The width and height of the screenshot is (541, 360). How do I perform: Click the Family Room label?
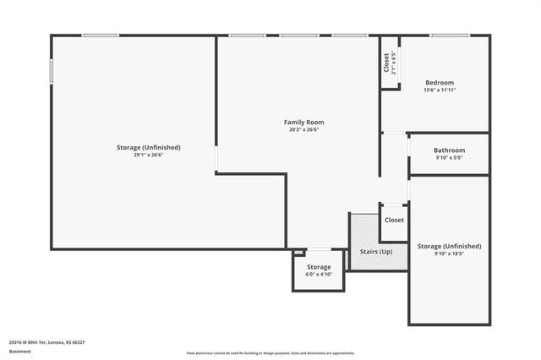click(x=303, y=123)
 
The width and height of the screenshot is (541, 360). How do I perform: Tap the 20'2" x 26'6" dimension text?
click(x=303, y=130)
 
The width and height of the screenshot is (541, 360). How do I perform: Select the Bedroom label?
click(x=440, y=82)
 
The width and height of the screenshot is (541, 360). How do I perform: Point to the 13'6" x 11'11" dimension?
click(x=440, y=90)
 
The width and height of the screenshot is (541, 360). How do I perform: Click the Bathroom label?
click(x=450, y=150)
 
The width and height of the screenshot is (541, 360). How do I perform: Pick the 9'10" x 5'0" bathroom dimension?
click(x=450, y=157)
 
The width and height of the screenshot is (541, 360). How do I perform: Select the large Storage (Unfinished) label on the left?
click(x=149, y=147)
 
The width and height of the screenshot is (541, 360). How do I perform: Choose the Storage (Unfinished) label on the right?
click(x=450, y=246)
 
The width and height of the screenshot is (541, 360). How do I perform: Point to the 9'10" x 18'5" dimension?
click(x=450, y=254)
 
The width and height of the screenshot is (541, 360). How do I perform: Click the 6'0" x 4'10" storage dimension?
click(x=319, y=275)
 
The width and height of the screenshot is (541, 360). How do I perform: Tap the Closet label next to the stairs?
click(x=394, y=220)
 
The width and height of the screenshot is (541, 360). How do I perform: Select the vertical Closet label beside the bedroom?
click(x=386, y=63)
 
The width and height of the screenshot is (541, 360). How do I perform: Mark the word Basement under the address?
click(x=18, y=352)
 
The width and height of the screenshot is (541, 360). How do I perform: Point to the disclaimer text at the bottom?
click(x=270, y=352)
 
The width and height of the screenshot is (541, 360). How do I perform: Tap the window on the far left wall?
click(x=51, y=70)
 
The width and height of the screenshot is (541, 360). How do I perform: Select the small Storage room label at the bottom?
click(x=319, y=267)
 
